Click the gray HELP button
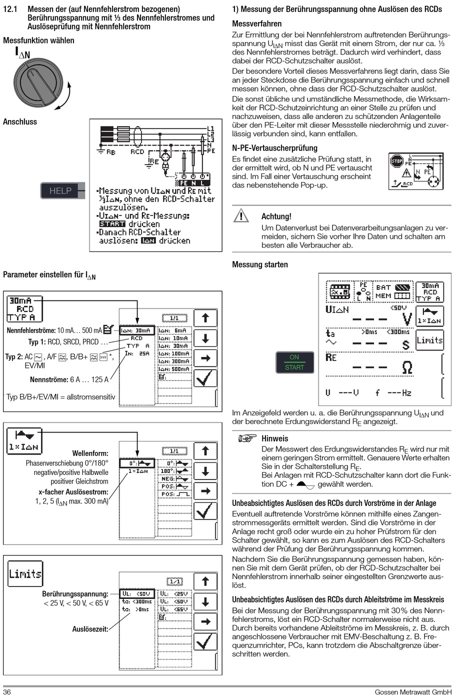(60, 190)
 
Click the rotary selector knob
(39, 83)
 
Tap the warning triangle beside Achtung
(241, 216)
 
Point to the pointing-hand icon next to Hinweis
(247, 438)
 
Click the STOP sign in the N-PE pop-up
(396, 161)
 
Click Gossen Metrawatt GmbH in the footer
(413, 691)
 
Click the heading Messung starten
(260, 264)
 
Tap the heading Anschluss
(20, 121)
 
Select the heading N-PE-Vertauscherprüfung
(274, 148)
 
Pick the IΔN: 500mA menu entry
(174, 369)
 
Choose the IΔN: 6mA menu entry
(174, 330)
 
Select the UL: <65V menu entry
(174, 609)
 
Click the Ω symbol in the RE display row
(407, 367)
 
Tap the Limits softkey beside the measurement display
(429, 340)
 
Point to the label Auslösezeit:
(90, 628)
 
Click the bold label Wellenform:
(90, 453)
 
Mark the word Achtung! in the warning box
(276, 216)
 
